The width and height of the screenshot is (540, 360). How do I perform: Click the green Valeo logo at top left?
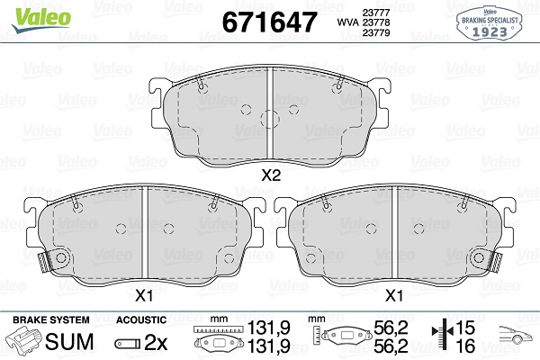pyautogui.click(x=41, y=19)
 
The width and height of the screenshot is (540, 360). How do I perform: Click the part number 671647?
pyautogui.click(x=269, y=22)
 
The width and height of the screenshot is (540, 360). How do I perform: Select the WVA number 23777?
pyautogui.click(x=376, y=13)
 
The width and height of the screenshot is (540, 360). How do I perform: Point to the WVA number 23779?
pyautogui.click(x=376, y=32)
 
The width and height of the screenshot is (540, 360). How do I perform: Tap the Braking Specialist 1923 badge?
pyautogui.click(x=490, y=22)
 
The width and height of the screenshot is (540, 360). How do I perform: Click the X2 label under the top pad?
pyautogui.click(x=272, y=175)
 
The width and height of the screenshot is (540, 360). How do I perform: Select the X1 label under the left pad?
pyautogui.click(x=144, y=295)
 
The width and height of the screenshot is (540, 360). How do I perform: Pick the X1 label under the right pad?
pyautogui.click(x=394, y=295)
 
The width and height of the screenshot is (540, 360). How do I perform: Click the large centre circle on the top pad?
pyautogui.click(x=270, y=120)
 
